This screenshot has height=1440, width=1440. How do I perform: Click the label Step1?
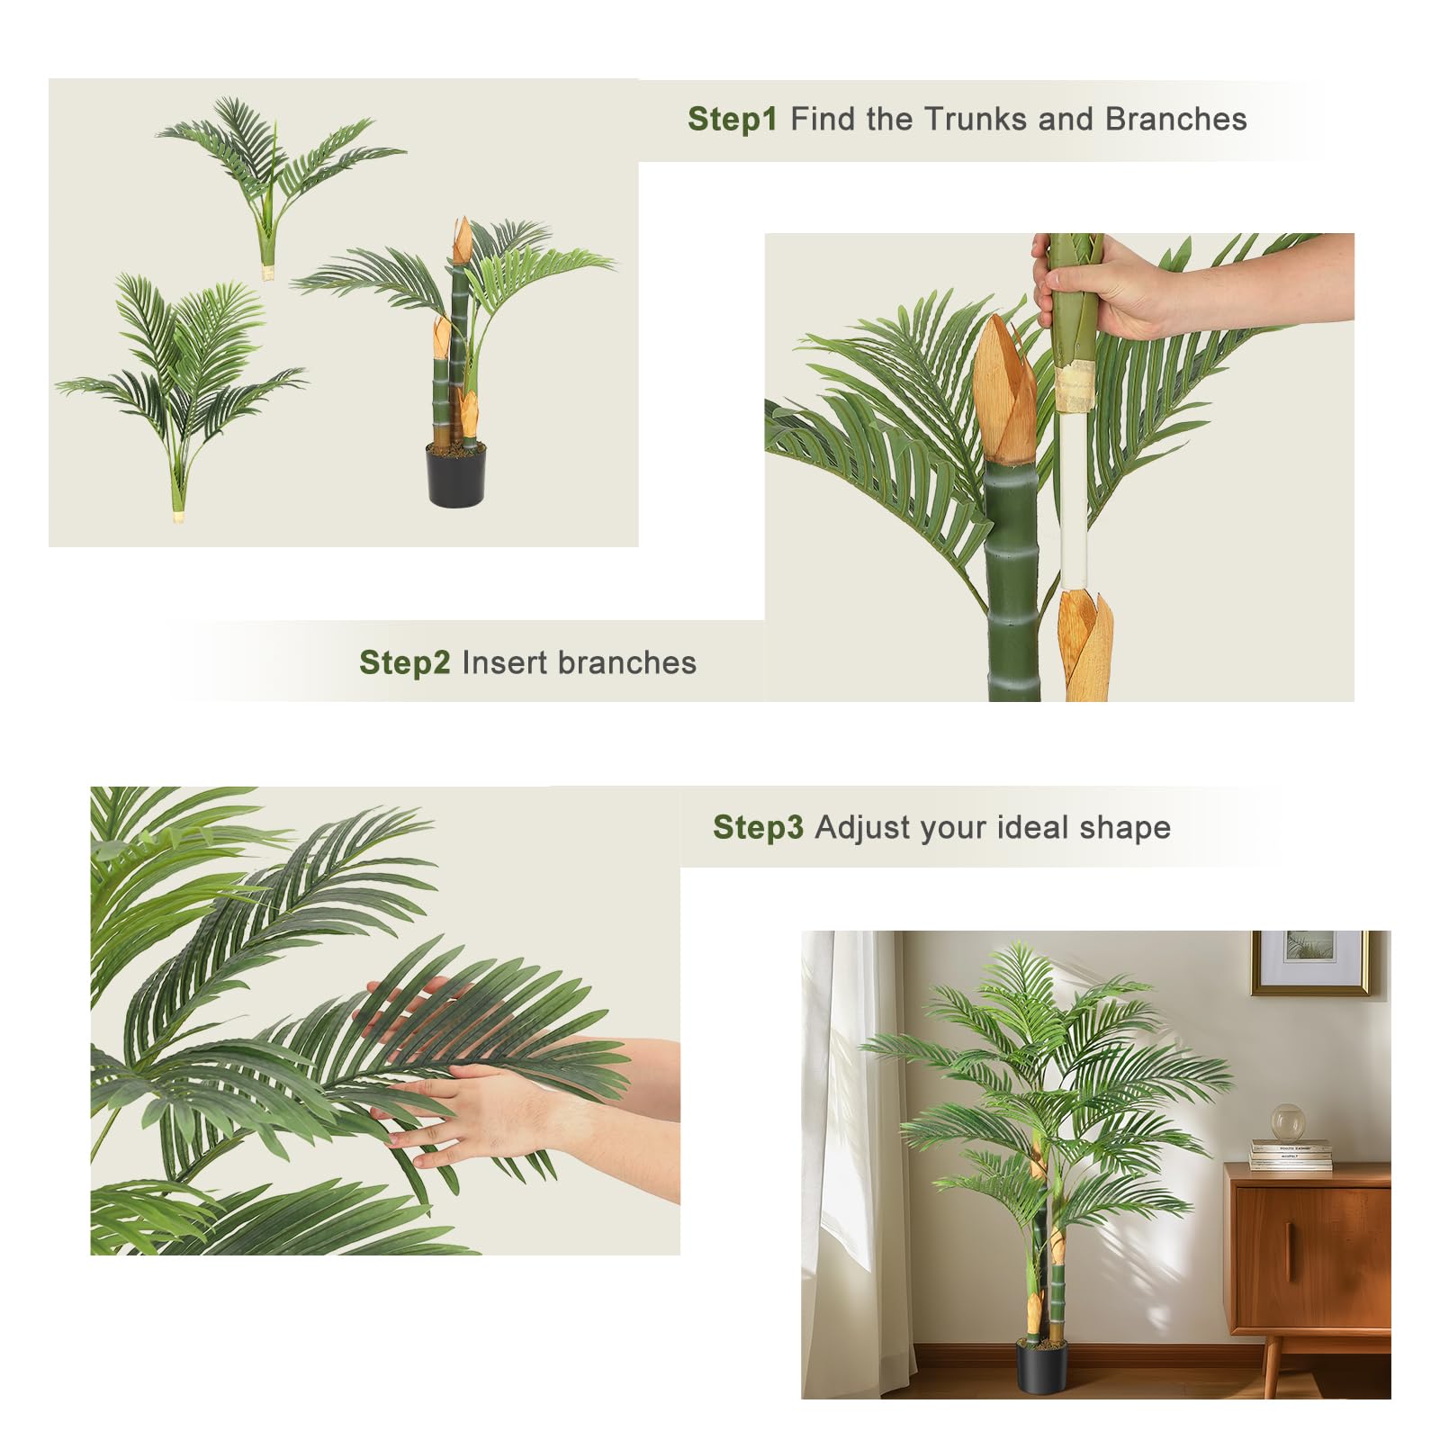[x=732, y=119]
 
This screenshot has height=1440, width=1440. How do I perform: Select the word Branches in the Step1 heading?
[x=1175, y=119]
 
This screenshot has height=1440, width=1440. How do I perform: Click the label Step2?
[x=404, y=662]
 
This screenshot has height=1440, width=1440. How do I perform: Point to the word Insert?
[x=504, y=662]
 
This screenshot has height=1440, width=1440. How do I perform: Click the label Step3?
[x=758, y=827]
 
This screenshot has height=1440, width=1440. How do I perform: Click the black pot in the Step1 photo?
[x=455, y=473]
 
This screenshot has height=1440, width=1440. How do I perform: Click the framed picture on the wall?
[x=1309, y=962]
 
